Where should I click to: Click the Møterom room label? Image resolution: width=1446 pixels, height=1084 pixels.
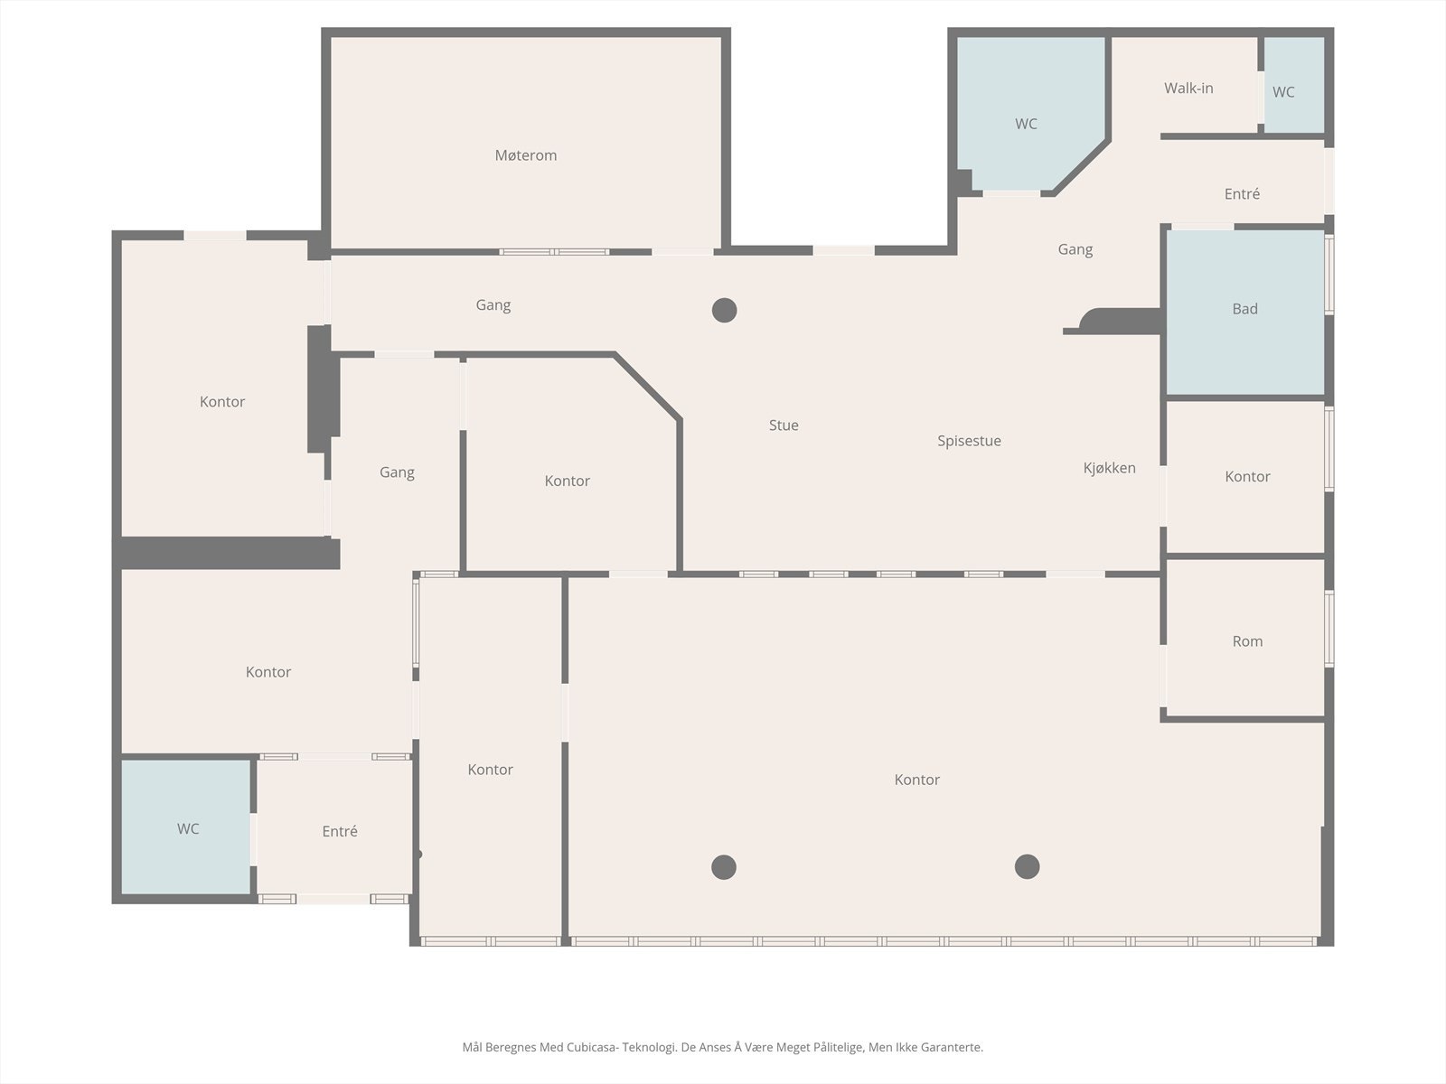(x=525, y=155)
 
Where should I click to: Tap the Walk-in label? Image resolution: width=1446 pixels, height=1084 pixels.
(x=1188, y=88)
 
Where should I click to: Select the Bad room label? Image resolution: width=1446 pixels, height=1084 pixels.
(x=1244, y=309)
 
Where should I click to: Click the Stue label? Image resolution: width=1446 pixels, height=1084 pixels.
(x=784, y=425)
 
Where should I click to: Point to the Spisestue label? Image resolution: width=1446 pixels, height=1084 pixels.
(x=969, y=441)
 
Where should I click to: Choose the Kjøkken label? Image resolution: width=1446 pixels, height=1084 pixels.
(x=1109, y=468)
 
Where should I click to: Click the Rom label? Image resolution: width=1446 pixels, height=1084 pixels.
(x=1247, y=641)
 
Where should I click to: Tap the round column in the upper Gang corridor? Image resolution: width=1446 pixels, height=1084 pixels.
(x=724, y=311)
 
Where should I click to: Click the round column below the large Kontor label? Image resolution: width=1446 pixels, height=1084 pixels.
(x=723, y=867)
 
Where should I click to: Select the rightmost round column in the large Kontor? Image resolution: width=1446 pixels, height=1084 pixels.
(x=1027, y=867)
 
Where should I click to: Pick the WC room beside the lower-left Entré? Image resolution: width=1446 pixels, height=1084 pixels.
(x=188, y=828)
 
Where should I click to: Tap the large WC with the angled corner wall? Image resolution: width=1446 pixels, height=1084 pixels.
(x=1026, y=124)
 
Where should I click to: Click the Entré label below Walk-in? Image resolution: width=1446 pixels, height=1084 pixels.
(x=1242, y=194)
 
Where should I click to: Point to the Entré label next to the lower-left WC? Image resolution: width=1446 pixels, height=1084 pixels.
(x=340, y=831)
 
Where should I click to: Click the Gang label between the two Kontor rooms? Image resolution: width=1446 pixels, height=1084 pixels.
(x=397, y=472)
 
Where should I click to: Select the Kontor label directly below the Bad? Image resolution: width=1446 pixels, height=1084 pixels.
(x=1247, y=477)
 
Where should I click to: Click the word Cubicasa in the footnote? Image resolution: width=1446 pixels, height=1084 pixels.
(x=591, y=1048)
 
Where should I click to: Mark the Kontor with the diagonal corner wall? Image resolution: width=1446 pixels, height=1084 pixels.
(x=567, y=481)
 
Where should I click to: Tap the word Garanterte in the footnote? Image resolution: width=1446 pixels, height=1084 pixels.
(x=951, y=1048)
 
